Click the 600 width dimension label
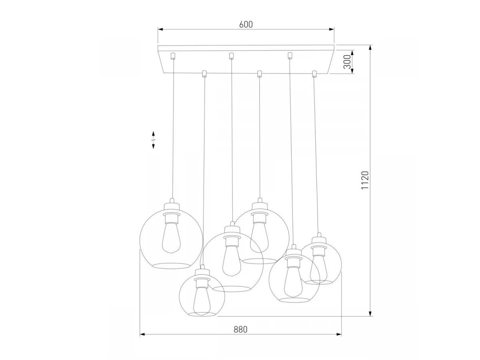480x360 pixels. click(x=246, y=24)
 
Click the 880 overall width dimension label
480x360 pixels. click(x=240, y=329)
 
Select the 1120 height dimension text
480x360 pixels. click(x=365, y=180)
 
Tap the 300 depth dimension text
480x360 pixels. click(x=347, y=62)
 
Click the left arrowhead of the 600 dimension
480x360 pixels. click(x=160, y=29)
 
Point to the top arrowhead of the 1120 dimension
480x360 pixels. click(x=370, y=48)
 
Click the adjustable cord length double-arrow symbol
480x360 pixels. click(x=153, y=140)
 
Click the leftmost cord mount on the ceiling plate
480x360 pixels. click(x=173, y=56)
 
